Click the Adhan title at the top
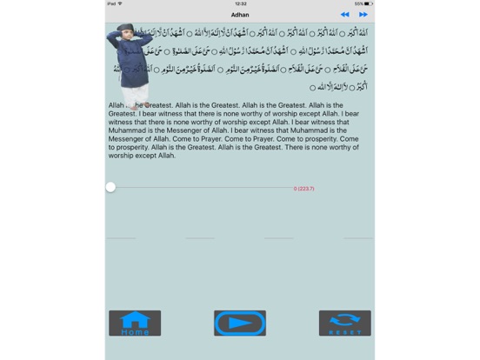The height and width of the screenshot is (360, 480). (x=240, y=15)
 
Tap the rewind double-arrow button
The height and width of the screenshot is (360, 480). (x=345, y=15)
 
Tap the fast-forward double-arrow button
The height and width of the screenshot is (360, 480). (x=363, y=15)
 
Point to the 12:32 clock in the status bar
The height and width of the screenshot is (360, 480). (x=240, y=3)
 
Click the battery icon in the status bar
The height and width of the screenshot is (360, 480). (x=369, y=3)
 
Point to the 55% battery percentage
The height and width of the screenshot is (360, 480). (x=358, y=3)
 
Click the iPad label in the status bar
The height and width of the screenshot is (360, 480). (x=111, y=3)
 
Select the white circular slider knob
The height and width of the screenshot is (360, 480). (x=110, y=187)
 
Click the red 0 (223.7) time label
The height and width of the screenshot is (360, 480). (x=303, y=189)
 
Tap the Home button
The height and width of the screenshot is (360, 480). (x=135, y=323)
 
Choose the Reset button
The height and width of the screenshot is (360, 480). (x=344, y=323)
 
